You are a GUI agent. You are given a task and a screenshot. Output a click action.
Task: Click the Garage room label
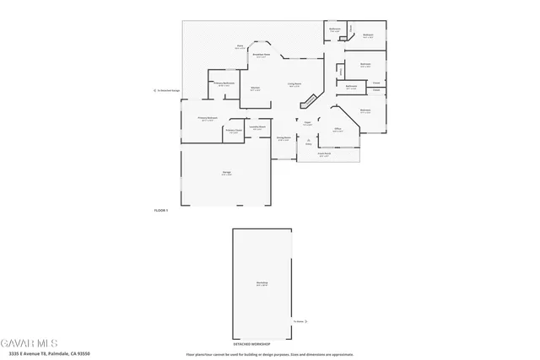coord(227,172)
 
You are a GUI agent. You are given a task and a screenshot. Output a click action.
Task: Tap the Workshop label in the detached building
coord(262,283)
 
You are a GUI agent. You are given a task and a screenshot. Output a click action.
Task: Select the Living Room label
coord(294,83)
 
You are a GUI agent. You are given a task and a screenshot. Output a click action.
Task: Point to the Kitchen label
coord(255,87)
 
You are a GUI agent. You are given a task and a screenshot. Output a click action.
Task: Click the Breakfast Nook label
coord(262,55)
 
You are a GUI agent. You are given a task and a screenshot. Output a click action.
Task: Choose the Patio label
coord(240,47)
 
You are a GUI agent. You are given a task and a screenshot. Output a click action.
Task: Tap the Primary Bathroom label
coord(224,83)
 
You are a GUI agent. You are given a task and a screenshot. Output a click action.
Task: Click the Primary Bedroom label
coord(208,118)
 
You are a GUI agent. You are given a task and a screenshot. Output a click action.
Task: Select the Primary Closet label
coord(234,131)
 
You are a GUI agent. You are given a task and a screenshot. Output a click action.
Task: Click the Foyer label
coord(308,123)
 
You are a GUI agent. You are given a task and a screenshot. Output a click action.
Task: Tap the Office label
coord(337,129)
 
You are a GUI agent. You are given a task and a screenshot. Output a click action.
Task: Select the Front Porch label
coord(324,154)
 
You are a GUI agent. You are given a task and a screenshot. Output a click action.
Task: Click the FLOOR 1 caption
coord(161,209)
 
